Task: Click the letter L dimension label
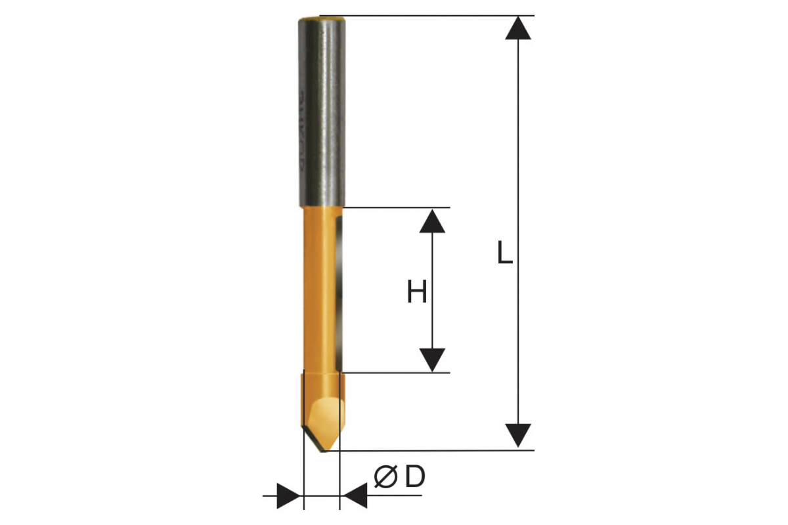click(x=505, y=252)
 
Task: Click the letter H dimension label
click(x=416, y=291)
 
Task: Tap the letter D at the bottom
click(x=415, y=477)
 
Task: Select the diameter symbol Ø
click(x=386, y=477)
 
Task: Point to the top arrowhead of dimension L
click(x=518, y=28)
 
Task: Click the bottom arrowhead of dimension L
click(x=518, y=435)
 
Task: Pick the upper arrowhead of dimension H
click(x=432, y=221)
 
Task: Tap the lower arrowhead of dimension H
click(x=432, y=360)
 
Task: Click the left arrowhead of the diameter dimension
click(x=288, y=496)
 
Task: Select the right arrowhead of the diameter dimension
click(x=355, y=496)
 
